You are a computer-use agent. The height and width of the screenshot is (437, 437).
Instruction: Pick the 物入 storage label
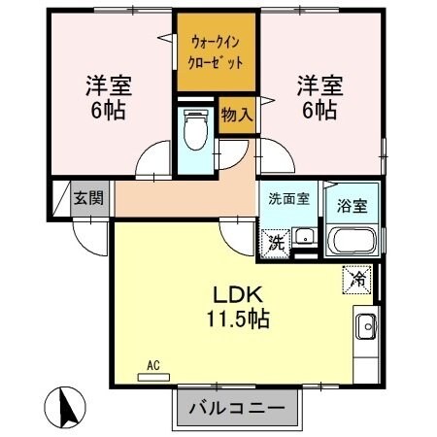236,115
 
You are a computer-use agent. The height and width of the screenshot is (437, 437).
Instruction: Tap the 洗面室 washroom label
288,197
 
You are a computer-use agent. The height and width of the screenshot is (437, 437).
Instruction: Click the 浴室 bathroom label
351,205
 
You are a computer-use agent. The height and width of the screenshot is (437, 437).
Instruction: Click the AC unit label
152,370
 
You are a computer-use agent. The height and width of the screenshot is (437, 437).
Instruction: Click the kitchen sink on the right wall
366,325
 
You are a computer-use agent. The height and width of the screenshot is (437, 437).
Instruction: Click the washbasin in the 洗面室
304,236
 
